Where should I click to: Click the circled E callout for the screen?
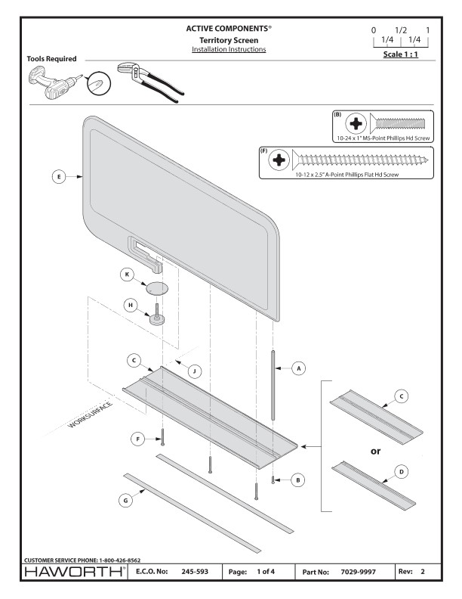pos(55,176)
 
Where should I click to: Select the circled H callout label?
pos(129,306)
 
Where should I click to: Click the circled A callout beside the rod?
pos(298,368)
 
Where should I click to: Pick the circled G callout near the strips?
pos(127,500)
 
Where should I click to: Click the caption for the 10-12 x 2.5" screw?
pos(350,175)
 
